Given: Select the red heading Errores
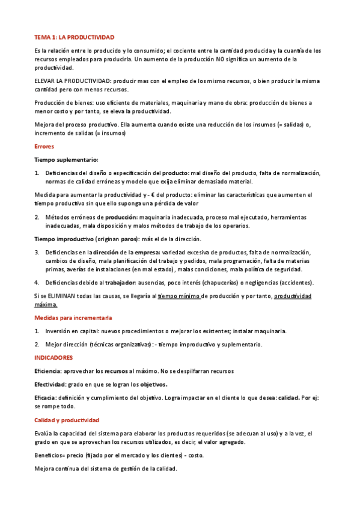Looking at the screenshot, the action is [44, 146].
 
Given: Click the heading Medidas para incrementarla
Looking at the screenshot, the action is [73, 318].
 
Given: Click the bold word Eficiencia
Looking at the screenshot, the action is [47, 371].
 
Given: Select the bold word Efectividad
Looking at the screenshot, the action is [49, 384].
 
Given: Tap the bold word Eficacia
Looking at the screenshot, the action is [45, 398].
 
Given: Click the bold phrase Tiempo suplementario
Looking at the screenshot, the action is [66, 160].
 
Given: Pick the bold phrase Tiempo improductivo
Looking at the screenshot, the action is [64, 239].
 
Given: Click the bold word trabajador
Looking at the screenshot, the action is [118, 282].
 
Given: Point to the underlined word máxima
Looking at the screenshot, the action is [49, 305].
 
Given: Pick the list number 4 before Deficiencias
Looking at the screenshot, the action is [37, 282].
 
